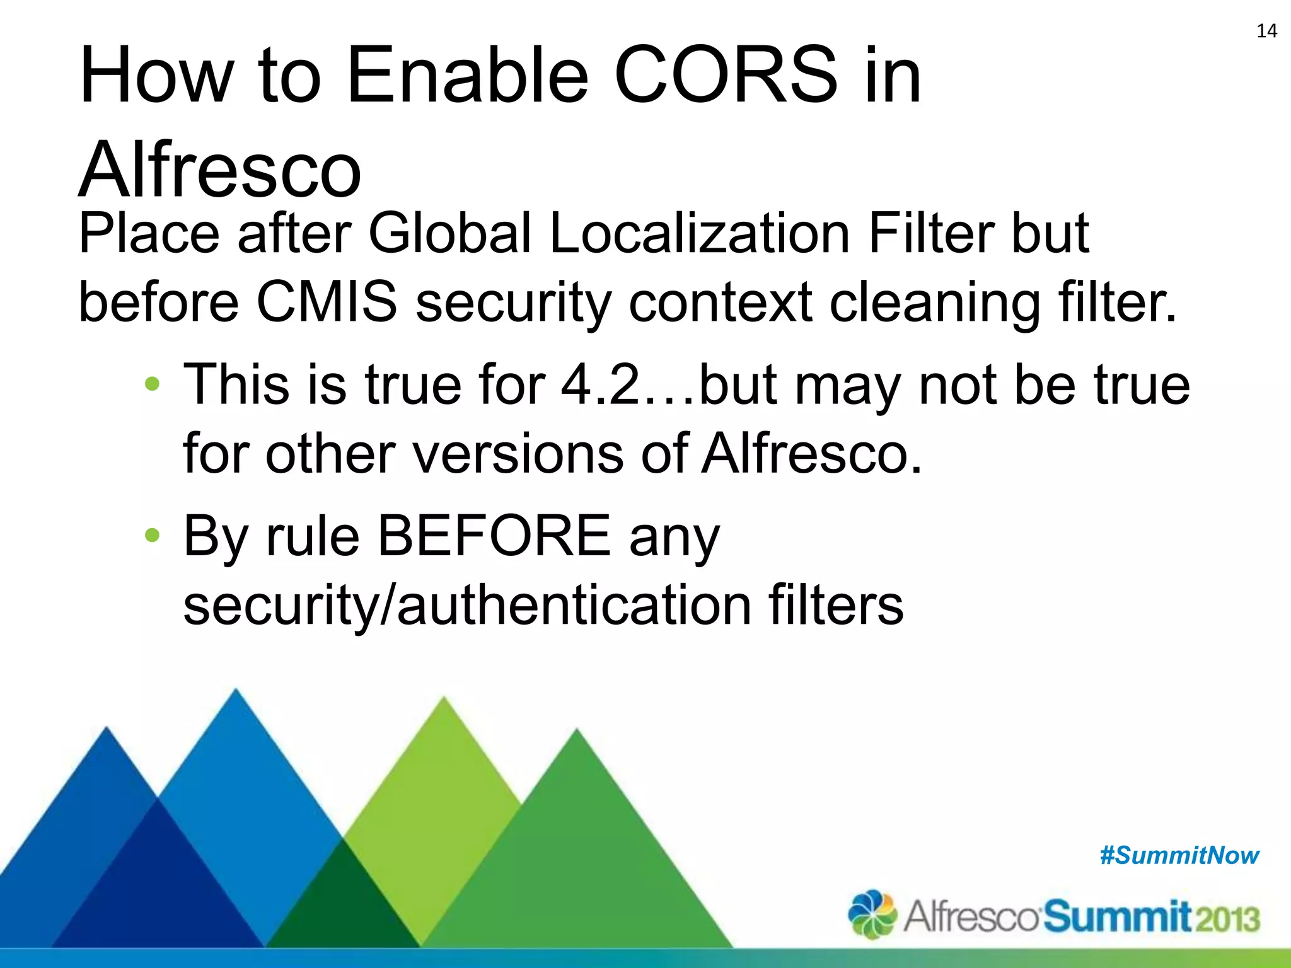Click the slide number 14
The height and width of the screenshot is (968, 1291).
1266,31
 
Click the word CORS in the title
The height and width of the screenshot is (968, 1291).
726,76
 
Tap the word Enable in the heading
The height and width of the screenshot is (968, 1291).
467,76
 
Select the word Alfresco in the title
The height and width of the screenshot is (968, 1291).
220,169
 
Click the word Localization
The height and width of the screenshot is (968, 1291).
700,233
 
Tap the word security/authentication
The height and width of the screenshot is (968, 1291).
466,605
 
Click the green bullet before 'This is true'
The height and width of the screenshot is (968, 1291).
152,384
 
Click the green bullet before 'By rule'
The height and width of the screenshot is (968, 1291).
152,536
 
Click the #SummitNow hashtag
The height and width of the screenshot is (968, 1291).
1179,856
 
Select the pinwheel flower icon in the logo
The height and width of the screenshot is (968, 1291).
872,914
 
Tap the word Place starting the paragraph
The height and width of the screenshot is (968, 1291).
149,233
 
